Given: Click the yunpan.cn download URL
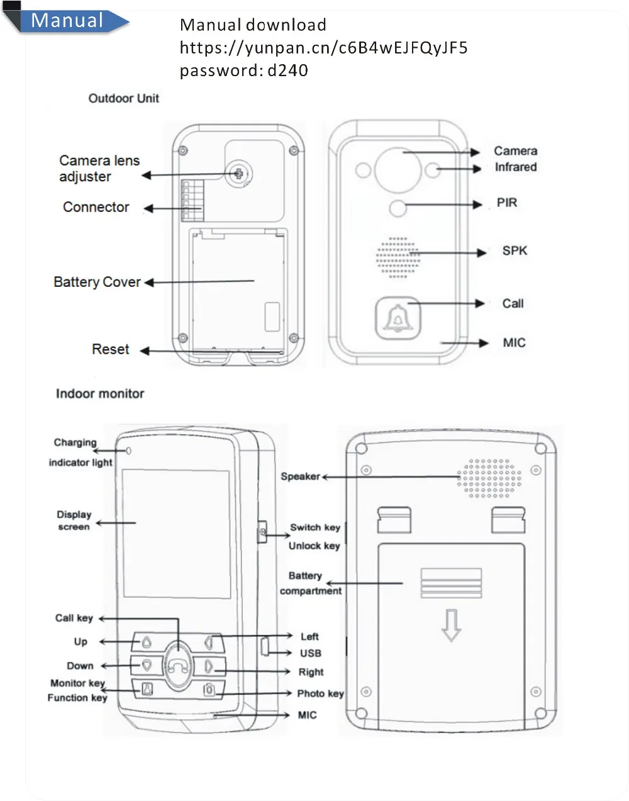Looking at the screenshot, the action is pos(323,48).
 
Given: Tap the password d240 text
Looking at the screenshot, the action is pos(243,70).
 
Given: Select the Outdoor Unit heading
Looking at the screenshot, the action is pos(124,98).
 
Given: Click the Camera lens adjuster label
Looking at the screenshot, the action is pos(99,169).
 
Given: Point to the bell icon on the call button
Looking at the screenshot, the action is pos(398,317).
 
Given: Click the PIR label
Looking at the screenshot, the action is pos(507,203).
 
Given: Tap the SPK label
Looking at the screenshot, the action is pos(515,250).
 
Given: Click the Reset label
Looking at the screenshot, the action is pos(110,349).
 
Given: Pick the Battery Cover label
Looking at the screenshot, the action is pos(97,282).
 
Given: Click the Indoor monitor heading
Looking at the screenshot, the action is pos(100,394).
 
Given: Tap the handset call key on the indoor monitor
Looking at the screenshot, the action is pos(179,665).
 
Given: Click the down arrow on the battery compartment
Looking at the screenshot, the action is pos(451,625).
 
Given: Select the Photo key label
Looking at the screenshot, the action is pos(320,694).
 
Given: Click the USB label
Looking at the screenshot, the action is pos(310,653).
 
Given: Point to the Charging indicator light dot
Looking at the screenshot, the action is pos(128,451).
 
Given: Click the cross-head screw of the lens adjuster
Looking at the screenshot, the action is pos(239,173).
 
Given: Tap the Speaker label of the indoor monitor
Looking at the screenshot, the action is pos(300,476).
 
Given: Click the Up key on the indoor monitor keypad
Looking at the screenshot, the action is pos(147,642).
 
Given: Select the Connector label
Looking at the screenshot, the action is pos(96,207).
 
